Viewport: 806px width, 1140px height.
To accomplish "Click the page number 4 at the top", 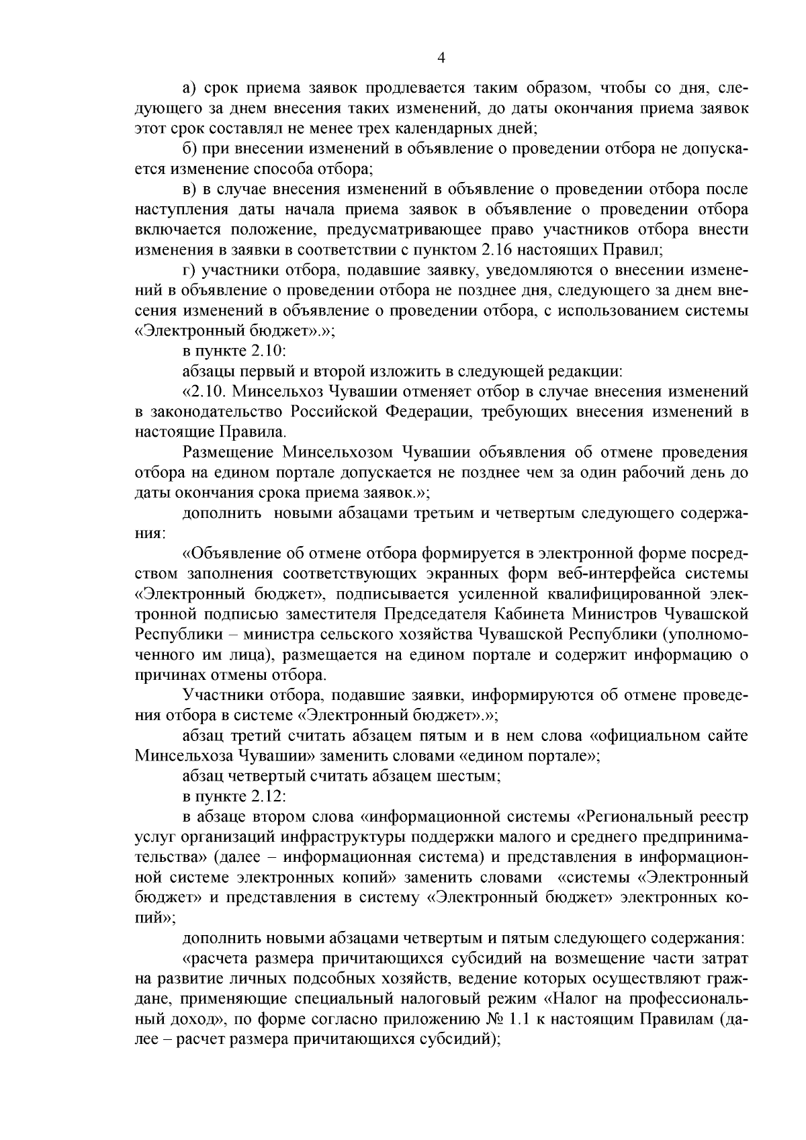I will [x=441, y=58].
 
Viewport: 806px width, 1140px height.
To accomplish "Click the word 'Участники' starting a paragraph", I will [x=218, y=695].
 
